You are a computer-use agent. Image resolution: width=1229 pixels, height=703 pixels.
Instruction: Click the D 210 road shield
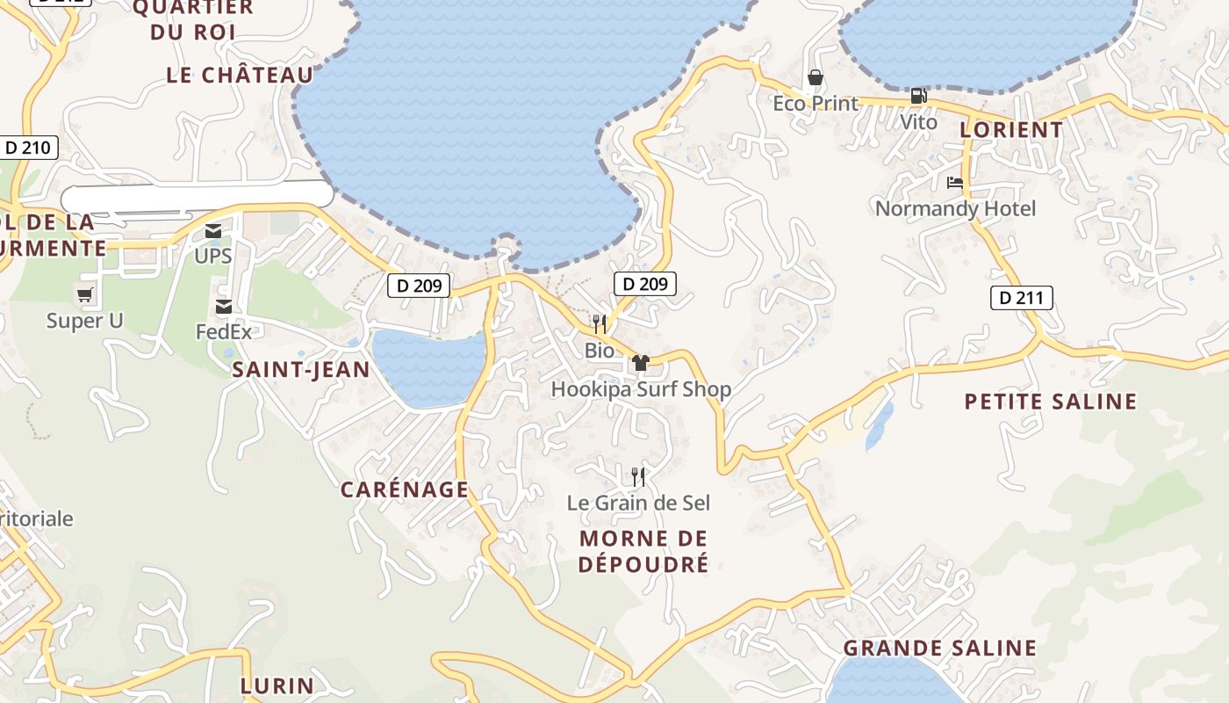28,148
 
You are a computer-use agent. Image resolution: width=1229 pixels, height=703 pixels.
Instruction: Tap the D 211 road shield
1022,298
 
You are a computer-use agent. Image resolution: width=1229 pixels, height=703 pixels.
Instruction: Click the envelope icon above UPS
213,231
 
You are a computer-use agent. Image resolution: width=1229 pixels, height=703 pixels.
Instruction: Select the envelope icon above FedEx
224,307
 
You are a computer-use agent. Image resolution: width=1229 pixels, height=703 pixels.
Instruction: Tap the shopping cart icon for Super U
85,295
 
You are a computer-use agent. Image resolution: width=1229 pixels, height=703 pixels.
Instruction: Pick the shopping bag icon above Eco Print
816,78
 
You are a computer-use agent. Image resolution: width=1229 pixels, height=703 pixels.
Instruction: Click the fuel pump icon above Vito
918,96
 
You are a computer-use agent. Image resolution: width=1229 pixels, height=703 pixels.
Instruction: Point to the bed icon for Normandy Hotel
955,183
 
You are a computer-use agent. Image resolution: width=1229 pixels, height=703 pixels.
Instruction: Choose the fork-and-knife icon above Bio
600,324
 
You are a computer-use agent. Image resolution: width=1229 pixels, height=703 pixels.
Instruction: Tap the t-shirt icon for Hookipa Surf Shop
640,363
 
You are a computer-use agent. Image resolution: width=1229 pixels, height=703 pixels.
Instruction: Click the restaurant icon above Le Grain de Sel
638,477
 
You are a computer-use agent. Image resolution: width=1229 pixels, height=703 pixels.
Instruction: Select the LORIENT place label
1011,130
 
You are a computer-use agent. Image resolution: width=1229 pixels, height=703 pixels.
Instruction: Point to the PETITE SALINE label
1051,402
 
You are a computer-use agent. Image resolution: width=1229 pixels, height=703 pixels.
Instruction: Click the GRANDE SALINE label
940,649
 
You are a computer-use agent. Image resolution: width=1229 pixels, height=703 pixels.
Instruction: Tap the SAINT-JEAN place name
301,370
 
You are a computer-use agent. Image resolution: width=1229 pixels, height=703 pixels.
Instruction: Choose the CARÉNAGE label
405,489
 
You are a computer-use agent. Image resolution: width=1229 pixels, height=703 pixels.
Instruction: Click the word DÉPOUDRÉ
643,564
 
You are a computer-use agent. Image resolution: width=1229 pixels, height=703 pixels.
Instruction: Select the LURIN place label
277,685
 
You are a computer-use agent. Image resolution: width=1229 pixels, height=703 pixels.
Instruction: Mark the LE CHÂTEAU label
240,76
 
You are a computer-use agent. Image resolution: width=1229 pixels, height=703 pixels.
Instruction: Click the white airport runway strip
198,195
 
